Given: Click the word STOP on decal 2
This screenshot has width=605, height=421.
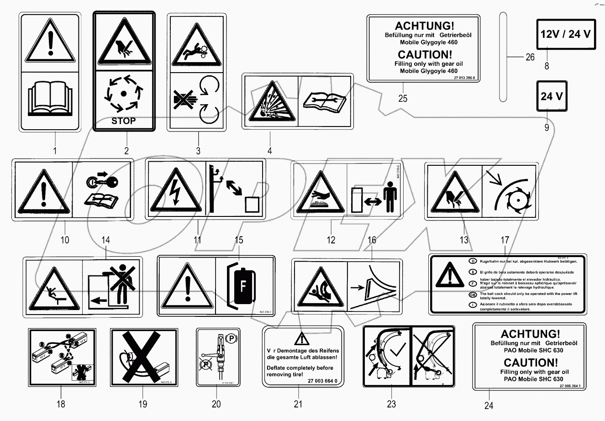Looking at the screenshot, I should [124, 121].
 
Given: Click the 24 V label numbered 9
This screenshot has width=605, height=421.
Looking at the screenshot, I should [552, 96].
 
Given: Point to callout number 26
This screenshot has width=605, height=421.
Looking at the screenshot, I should [530, 57].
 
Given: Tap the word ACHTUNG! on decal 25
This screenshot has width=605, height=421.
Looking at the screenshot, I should [424, 26].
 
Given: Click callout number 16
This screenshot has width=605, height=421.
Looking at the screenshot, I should [372, 240].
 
